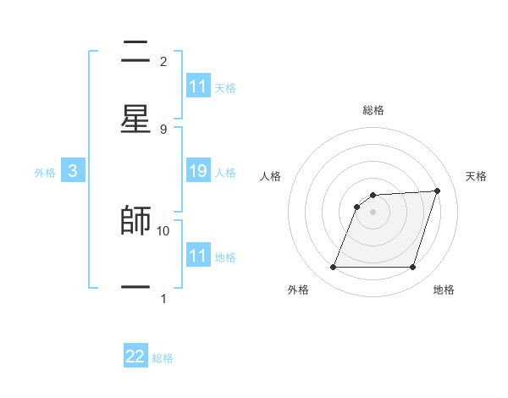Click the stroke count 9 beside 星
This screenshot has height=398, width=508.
(x=163, y=129)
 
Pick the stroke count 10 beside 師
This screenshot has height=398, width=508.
(x=163, y=230)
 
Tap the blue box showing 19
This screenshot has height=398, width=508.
(x=198, y=172)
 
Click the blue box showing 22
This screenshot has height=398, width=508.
(x=135, y=357)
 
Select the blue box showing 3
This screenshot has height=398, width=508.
(x=73, y=172)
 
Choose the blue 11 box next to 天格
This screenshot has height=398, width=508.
(x=198, y=86)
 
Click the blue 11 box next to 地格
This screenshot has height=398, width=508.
(x=198, y=256)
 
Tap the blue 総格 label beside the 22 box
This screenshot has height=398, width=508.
(x=163, y=358)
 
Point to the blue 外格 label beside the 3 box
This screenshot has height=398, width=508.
(x=45, y=173)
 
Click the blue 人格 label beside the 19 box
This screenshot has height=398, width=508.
(x=225, y=173)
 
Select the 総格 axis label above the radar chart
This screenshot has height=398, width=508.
(x=373, y=110)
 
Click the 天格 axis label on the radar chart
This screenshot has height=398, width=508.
(x=477, y=176)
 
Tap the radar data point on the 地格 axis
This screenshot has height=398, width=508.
(x=412, y=268)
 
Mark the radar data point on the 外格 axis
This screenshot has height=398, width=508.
(x=333, y=268)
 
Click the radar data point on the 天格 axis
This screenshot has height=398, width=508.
(x=438, y=191)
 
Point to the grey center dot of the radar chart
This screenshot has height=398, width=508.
(x=373, y=212)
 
